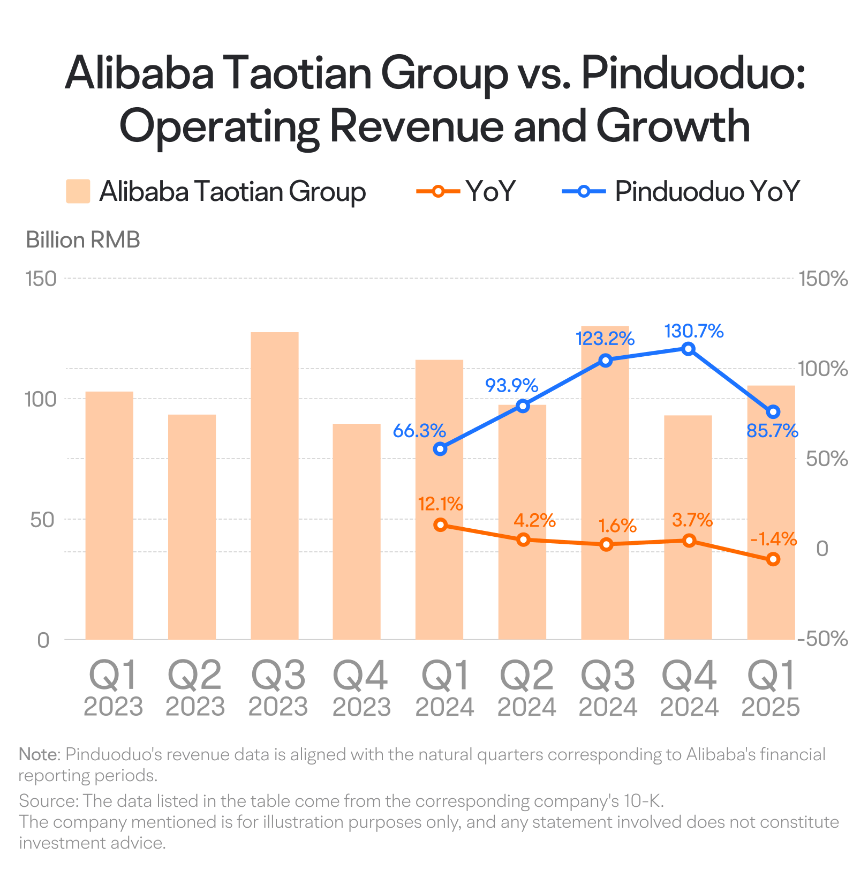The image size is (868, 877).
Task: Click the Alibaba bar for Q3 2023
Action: point(275,485)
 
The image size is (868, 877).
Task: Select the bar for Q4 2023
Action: point(357,531)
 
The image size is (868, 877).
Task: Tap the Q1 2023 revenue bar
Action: point(109,515)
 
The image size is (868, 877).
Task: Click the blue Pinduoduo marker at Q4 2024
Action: point(689,349)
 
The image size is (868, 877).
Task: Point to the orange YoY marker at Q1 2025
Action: point(773,559)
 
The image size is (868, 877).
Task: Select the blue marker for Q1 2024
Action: point(440,449)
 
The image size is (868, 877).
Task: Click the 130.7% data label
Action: point(694,331)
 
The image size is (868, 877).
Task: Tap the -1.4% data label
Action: point(774,538)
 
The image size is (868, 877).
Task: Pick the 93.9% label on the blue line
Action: point(511,385)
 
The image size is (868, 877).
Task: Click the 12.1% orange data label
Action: point(440,504)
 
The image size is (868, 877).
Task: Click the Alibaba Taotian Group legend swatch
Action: point(78,191)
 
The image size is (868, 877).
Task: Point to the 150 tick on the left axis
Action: point(41,279)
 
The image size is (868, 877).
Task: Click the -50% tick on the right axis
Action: point(822,639)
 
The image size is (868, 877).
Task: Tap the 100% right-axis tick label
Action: point(823,369)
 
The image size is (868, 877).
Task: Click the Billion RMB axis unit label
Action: point(83,240)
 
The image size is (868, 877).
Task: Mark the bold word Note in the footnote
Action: point(38,754)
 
